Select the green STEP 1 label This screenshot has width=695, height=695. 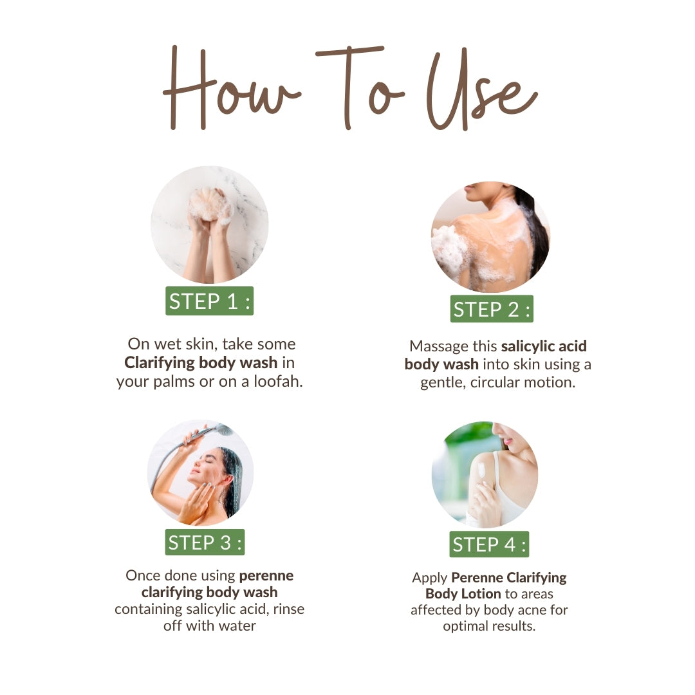click(x=209, y=301)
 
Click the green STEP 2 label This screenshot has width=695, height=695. click(x=492, y=309)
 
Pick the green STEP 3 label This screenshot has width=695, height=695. click(x=205, y=542)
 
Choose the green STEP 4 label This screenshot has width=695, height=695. click(x=489, y=544)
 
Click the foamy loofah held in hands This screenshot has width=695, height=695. click(x=209, y=204)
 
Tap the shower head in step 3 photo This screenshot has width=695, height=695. click(x=223, y=429)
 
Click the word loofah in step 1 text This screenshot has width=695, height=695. click(x=278, y=382)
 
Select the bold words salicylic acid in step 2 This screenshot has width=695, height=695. click(x=544, y=346)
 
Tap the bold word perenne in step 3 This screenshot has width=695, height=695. click(x=266, y=576)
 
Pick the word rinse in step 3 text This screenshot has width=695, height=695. click(x=288, y=609)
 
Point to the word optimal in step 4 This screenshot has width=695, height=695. click(x=466, y=626)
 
